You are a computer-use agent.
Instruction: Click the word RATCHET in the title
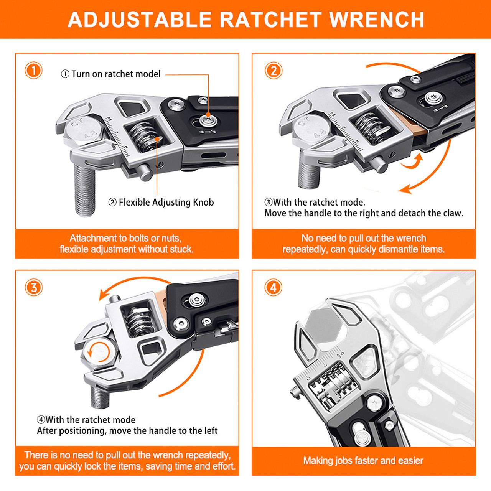[270, 20]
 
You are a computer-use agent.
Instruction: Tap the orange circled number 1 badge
[33, 71]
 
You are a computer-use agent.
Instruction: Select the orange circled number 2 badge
[274, 71]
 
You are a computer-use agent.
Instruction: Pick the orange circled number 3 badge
[33, 287]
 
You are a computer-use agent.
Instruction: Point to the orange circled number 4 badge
[273, 287]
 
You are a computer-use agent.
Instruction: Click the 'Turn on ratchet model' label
[111, 74]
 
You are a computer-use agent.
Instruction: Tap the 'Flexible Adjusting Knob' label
[161, 202]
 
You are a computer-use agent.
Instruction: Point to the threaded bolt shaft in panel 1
[84, 190]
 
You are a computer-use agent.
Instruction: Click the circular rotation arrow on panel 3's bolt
[99, 352]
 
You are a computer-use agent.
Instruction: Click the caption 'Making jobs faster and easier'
[363, 461]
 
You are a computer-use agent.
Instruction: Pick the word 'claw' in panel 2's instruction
[453, 213]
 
